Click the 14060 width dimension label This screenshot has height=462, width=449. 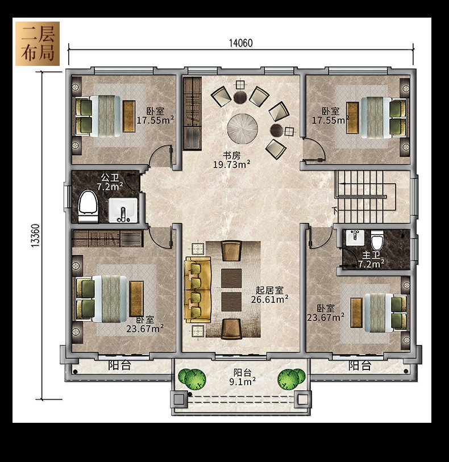[x=241, y=43]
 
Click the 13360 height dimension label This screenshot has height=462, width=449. [x=35, y=236]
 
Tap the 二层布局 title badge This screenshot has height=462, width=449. [x=38, y=44]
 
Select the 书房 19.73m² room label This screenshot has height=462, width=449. [x=231, y=160]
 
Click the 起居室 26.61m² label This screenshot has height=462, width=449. [x=269, y=295]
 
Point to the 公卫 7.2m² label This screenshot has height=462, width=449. [x=110, y=182]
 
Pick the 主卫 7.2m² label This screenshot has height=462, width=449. [x=371, y=260]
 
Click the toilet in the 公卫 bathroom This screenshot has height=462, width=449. [x=88, y=206]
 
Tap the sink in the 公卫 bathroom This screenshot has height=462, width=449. [x=123, y=210]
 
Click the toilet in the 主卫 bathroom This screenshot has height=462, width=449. [x=377, y=240]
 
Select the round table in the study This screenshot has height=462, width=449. [x=243, y=129]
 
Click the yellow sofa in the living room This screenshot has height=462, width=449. [x=198, y=290]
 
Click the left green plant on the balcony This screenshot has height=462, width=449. [x=192, y=378]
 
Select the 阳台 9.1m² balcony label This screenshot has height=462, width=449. [x=243, y=377]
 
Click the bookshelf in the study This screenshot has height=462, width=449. [x=192, y=114]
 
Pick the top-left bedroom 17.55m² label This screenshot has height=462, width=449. [x=155, y=116]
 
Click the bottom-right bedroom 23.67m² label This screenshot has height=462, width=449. [x=326, y=313]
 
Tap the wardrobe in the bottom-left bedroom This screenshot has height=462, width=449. [x=107, y=238]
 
